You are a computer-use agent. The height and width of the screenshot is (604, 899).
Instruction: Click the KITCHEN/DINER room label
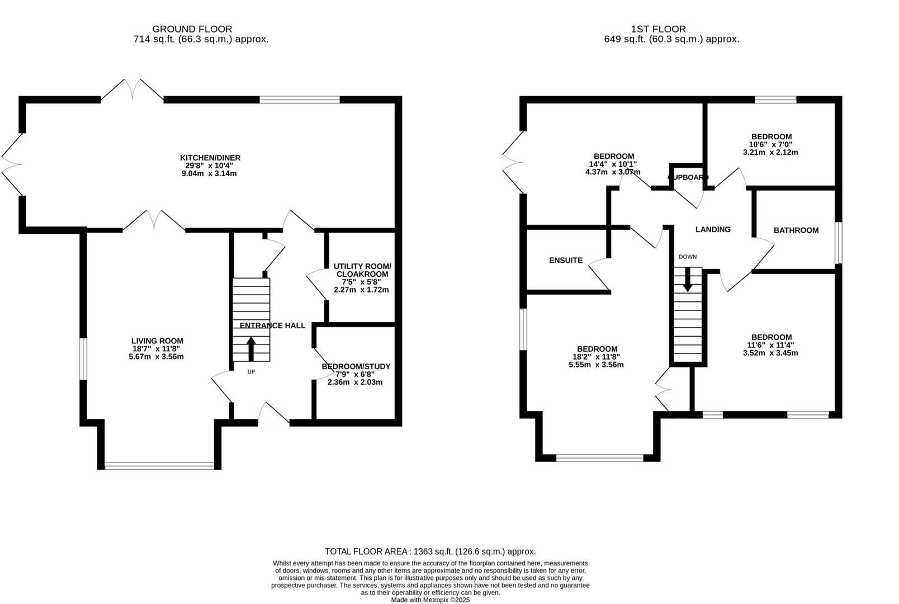click(x=210, y=158)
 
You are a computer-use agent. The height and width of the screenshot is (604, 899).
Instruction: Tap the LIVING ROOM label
click(x=157, y=341)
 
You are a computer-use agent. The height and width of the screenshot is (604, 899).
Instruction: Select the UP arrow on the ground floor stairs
click(x=251, y=348)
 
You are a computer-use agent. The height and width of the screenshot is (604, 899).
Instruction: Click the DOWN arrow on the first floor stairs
click(x=688, y=279)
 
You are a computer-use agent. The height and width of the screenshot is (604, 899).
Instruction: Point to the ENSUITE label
click(x=565, y=260)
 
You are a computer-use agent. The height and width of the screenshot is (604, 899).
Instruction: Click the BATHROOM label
click(x=796, y=230)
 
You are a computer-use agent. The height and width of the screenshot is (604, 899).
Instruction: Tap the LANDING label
click(x=712, y=229)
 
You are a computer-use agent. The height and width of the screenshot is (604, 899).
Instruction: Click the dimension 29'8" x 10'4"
click(x=210, y=166)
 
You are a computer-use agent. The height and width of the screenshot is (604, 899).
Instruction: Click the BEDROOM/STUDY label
click(x=356, y=366)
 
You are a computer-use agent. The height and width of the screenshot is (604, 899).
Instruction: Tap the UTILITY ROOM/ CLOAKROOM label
click(x=362, y=270)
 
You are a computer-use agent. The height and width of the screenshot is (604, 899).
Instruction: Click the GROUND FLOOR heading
click(x=192, y=29)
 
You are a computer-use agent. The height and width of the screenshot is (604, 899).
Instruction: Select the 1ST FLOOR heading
click(x=658, y=29)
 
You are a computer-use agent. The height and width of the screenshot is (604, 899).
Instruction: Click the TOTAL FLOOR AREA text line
click(x=430, y=551)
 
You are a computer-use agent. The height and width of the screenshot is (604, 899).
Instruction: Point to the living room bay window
click(x=159, y=465)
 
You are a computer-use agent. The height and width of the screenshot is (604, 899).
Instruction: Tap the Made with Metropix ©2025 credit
click(x=430, y=600)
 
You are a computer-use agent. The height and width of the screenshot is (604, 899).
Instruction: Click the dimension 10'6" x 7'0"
click(x=770, y=144)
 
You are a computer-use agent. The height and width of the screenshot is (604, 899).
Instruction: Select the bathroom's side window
click(x=838, y=243)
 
